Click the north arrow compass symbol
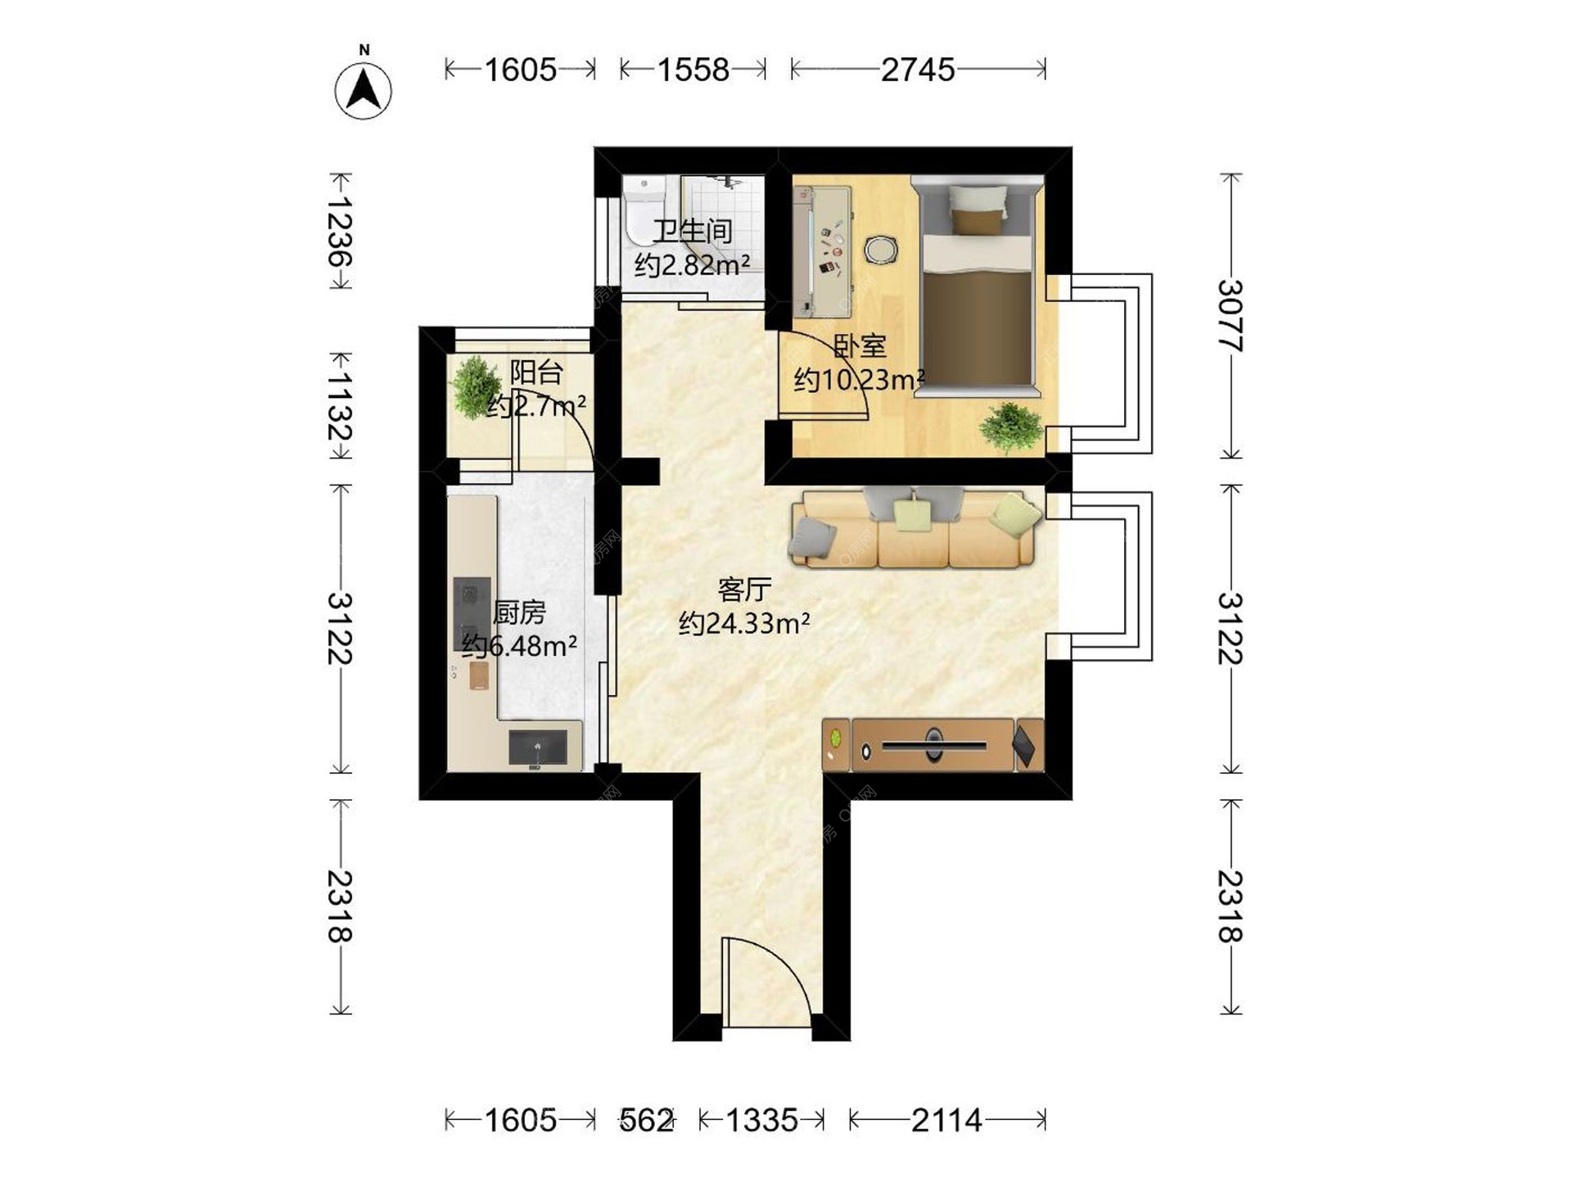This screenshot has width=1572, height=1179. tap(364, 88)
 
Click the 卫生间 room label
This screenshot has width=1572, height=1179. tap(693, 232)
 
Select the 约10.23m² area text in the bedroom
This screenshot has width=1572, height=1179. tap(860, 380)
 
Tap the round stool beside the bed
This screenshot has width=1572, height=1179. tap(881, 250)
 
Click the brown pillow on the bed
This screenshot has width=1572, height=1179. tap(976, 222)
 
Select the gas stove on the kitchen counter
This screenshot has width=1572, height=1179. tap(472, 613)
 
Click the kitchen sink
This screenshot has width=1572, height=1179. tap(538, 748)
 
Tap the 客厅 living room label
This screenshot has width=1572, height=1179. tap(744, 589)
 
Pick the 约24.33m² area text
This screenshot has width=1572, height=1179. tap(744, 624)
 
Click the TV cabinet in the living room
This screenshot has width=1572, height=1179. tap(933, 745)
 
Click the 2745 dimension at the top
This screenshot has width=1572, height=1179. tap(918, 70)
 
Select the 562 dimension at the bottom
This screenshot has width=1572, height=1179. tap(646, 1120)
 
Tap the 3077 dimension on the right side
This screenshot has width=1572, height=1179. tap(1230, 316)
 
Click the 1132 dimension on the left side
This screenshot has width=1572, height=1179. tap(340, 406)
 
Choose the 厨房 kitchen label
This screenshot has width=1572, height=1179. tap(519, 612)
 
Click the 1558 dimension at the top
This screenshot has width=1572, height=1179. tap(693, 70)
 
